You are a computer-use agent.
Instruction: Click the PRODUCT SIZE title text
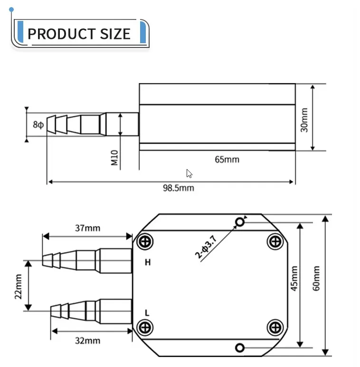pyautogui.click(x=79, y=34)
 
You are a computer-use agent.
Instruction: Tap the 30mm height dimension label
pyautogui.click(x=304, y=120)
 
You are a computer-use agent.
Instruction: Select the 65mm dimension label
pyautogui.click(x=227, y=160)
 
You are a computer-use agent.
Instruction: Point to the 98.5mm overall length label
pyautogui.click(x=179, y=188)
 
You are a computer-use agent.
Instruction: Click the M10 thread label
pyautogui.click(x=114, y=158)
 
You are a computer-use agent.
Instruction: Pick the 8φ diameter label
pyautogui.click(x=38, y=124)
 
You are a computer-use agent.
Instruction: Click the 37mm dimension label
pyautogui.click(x=87, y=228)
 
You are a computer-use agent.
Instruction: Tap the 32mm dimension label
pyautogui.click(x=87, y=340)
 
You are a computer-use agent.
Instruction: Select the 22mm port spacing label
pyautogui.click(x=18, y=287)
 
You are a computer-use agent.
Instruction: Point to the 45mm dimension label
pyautogui.click(x=294, y=279)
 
